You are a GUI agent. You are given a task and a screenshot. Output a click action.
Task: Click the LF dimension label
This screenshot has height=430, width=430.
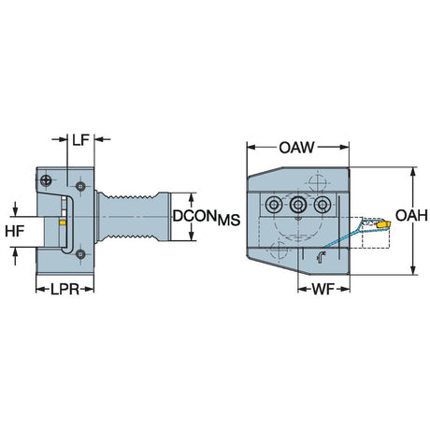coord(80,140)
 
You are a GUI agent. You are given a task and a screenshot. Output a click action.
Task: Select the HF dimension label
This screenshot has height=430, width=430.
coord(14,232)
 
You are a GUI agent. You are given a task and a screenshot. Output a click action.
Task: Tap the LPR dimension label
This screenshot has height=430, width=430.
coord(65,290)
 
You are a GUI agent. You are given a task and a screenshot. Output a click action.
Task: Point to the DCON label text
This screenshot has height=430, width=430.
coord(194,216)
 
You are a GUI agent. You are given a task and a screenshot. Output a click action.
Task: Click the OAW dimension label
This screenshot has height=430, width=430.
coord(296,148)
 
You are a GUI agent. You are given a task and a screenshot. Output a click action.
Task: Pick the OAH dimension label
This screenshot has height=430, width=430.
coord(411,215)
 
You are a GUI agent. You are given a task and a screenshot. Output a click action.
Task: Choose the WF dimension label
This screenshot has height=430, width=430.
coord(322,290)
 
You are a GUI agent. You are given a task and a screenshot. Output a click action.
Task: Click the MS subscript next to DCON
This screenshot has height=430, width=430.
coord(229,220)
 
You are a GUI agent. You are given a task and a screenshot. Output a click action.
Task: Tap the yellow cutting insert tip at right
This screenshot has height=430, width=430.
coord(383,224)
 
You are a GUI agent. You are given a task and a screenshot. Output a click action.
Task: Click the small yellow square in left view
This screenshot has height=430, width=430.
coord(63,222)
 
